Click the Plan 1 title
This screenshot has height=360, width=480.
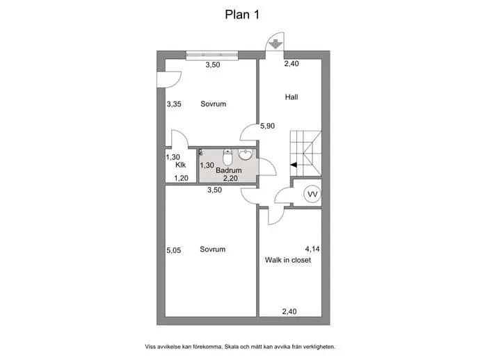tap(242, 15)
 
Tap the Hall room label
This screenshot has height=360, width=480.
tap(291, 97)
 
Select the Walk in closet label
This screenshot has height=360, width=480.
tap(288, 260)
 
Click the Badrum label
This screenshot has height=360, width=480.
tap(229, 170)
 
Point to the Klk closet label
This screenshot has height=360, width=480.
tap(181, 165)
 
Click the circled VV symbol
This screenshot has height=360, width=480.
tap(312, 194)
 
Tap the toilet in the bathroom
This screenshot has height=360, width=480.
tap(227, 156)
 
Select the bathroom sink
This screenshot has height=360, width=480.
tap(245, 154)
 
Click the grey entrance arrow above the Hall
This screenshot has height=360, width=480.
tap(275, 44)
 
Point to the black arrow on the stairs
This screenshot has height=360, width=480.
tap(294, 165)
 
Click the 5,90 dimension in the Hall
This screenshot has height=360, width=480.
tap(267, 126)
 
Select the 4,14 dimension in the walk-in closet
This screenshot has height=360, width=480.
tap(312, 249)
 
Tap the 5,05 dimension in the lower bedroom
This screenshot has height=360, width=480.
tap(174, 250)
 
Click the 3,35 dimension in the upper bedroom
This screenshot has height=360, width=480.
tap(174, 104)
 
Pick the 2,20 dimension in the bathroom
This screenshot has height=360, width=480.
tap(230, 178)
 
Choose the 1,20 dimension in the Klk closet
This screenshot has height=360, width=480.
tap(182, 178)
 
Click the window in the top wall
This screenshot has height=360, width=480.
tap(212, 55)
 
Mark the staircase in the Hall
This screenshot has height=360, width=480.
tap(306, 153)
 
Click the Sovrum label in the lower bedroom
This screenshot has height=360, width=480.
tap(212, 249)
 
